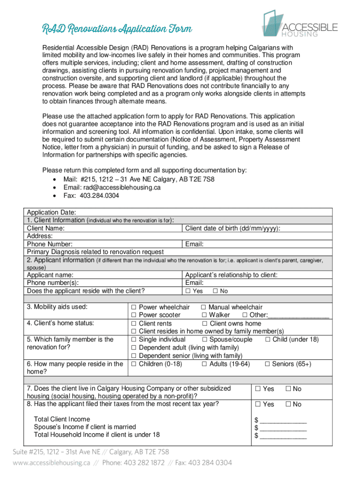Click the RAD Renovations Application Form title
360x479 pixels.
(x=117, y=29)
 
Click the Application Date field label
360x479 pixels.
(x=49, y=212)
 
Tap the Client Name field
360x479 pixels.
(x=46, y=228)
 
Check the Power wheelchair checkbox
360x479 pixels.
(x=133, y=307)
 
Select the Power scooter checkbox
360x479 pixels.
(x=133, y=315)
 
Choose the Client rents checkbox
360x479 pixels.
(x=133, y=324)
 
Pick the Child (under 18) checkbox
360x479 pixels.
(x=268, y=340)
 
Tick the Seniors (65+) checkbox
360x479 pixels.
(x=268, y=364)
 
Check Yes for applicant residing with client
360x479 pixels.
(x=188, y=291)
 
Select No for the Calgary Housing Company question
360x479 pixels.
(x=288, y=389)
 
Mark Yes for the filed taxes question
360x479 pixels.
(x=258, y=405)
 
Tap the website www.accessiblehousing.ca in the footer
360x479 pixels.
(x=51, y=463)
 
